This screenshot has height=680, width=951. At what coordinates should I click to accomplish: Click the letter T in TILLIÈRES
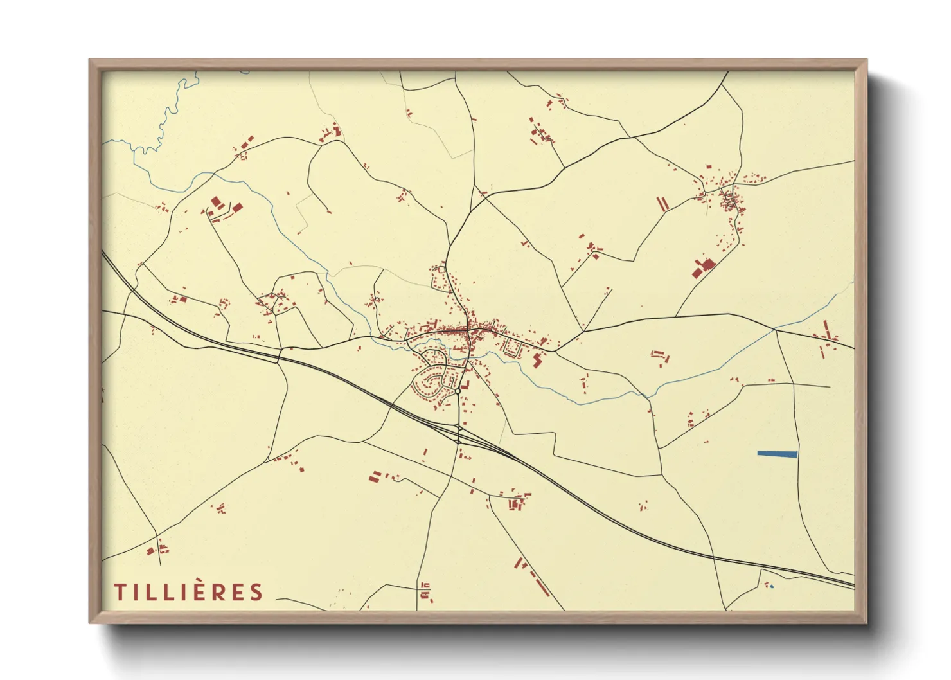[120, 592]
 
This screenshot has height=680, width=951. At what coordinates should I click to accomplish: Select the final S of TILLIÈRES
[257, 592]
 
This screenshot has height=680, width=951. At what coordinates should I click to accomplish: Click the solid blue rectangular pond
[778, 454]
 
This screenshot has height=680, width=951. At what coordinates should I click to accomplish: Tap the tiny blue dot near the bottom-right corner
[772, 586]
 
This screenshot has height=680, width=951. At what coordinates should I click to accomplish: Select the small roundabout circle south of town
[457, 391]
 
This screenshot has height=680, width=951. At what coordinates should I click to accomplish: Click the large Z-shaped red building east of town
[537, 359]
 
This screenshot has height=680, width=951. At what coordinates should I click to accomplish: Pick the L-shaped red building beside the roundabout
[465, 386]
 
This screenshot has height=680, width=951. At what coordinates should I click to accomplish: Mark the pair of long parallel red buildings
[662, 204]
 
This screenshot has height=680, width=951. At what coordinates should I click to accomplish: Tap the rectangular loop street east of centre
[511, 348]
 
